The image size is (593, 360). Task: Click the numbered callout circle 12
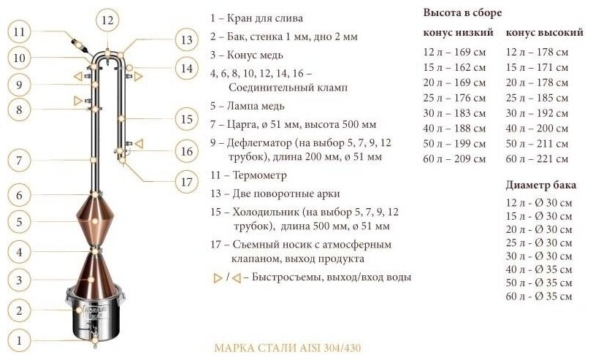point(108,20)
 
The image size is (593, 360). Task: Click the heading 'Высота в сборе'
point(462,13)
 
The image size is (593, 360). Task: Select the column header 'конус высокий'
point(544,33)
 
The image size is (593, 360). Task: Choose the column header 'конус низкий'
point(458,33)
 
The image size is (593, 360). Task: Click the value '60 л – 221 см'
point(537,158)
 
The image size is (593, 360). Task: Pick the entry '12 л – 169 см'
point(454,52)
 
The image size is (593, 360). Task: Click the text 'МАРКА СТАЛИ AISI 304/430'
point(278,347)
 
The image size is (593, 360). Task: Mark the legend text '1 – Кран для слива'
point(256,17)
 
